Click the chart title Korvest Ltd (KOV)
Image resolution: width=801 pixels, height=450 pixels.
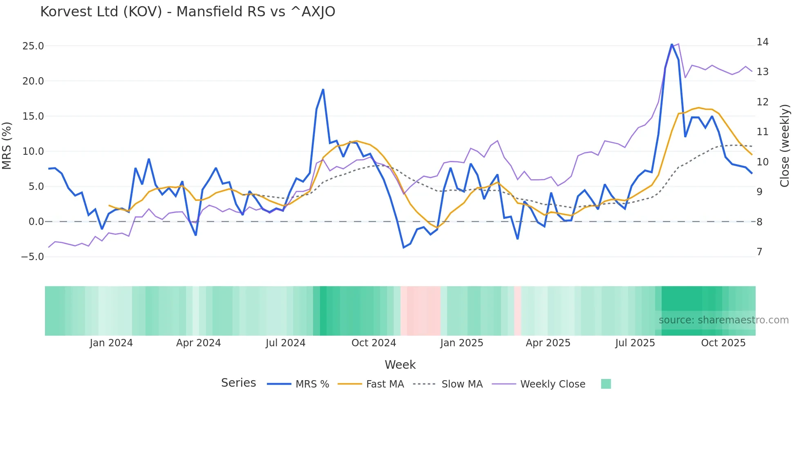(188, 12)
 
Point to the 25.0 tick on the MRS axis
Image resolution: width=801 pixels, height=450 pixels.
(33, 46)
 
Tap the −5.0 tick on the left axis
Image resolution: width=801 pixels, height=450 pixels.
(32, 257)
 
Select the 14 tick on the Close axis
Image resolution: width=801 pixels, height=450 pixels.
(762, 42)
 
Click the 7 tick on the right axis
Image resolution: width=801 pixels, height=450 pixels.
(759, 252)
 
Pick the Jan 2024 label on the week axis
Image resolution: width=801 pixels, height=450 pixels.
(111, 343)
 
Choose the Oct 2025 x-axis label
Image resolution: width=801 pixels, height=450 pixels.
(723, 343)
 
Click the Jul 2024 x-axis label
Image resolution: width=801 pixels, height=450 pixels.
(285, 343)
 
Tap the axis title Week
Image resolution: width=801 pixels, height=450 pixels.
(400, 365)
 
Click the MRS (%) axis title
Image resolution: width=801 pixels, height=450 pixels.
(7, 146)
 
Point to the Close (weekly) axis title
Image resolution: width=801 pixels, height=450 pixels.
(784, 146)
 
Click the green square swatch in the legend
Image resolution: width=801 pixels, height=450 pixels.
(606, 384)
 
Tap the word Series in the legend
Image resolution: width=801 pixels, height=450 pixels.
(238, 383)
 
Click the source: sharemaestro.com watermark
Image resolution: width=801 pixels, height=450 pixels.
(723, 320)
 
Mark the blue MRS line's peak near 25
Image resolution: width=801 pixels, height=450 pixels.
(671, 44)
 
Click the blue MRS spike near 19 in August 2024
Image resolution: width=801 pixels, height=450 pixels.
(323, 89)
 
